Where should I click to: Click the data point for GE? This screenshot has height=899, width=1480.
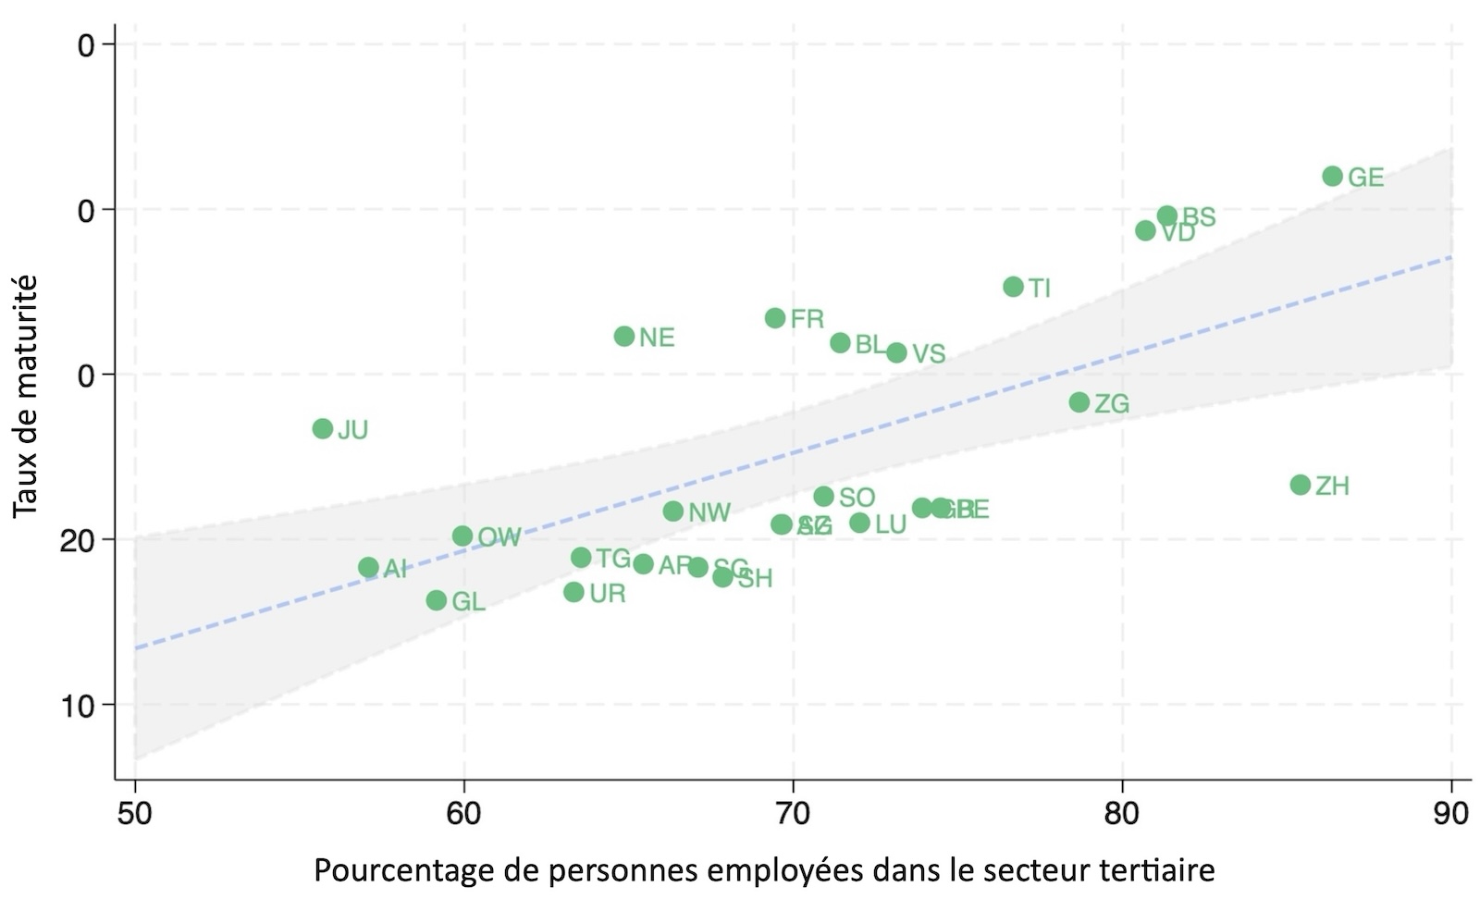(1332, 176)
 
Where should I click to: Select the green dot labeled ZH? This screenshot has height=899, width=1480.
(1301, 485)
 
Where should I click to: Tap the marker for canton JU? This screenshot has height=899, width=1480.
(323, 428)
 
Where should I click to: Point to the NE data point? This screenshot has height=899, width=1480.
(624, 336)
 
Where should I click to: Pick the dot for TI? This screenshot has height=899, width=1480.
(1014, 287)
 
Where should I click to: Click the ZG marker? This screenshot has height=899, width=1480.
(1079, 402)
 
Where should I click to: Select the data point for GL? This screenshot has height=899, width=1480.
(437, 600)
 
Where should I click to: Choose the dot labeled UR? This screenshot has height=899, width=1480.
(574, 592)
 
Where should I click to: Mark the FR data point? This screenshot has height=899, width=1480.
(775, 318)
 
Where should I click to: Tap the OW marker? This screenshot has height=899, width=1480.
(462, 536)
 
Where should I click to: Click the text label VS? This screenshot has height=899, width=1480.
(929, 354)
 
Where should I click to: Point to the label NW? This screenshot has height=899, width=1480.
(709, 513)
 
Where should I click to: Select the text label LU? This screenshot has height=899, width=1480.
(890, 525)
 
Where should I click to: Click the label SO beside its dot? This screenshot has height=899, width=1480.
(857, 499)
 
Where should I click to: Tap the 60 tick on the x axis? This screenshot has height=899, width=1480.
(463, 813)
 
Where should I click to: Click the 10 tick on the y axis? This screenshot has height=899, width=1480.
(80, 706)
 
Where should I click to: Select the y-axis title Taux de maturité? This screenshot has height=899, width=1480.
(26, 396)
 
